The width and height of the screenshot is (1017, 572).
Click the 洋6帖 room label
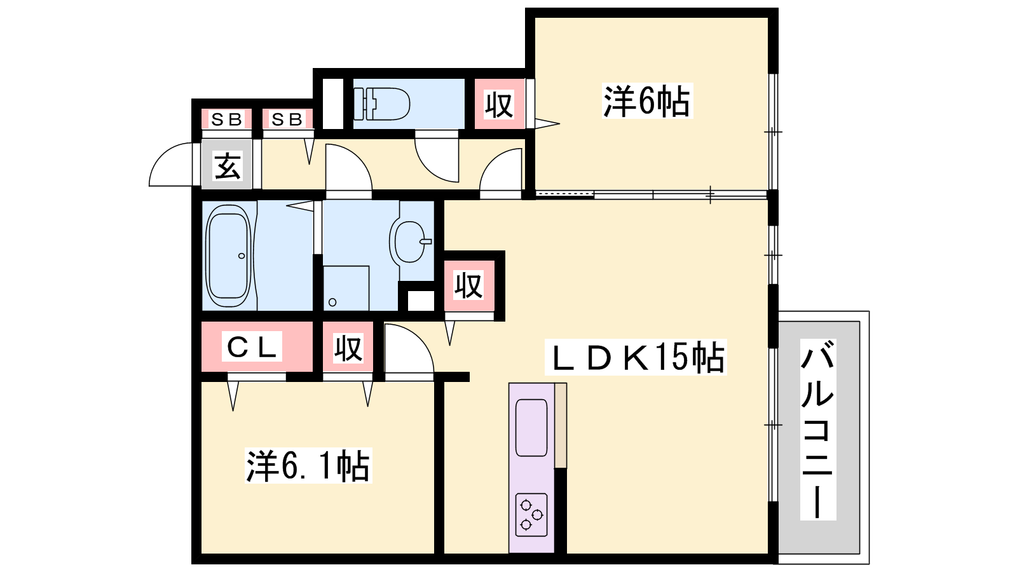(x=648, y=101)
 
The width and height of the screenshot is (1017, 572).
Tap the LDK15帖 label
(x=636, y=357)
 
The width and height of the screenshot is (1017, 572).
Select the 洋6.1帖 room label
(x=308, y=465)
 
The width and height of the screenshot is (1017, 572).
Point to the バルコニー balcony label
(x=817, y=430)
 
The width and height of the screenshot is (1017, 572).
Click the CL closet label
(x=252, y=346)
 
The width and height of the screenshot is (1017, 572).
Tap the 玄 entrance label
(x=227, y=165)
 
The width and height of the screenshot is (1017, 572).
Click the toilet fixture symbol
(x=382, y=104)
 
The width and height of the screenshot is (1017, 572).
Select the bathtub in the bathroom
(x=228, y=257)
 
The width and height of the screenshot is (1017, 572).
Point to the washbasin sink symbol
(x=411, y=242)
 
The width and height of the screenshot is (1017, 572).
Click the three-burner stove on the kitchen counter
(x=531, y=515)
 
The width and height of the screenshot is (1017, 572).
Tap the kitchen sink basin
(x=531, y=428)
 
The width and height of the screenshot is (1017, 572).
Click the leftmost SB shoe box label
(x=226, y=119)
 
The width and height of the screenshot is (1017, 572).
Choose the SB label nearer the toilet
(x=287, y=119)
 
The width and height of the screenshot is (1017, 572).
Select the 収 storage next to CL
(x=348, y=348)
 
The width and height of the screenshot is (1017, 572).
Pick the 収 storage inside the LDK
(x=468, y=285)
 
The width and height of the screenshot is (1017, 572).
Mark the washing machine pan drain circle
(x=332, y=303)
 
